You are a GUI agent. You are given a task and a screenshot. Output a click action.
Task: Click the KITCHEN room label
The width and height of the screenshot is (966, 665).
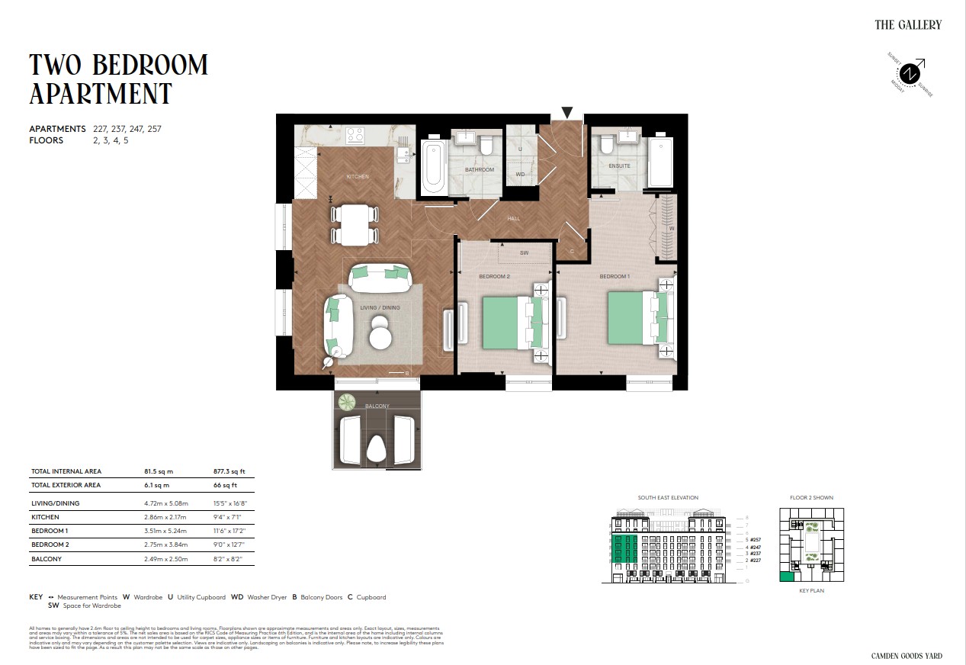point(358,177)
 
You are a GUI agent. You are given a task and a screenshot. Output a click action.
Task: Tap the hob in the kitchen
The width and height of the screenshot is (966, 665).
point(355,135)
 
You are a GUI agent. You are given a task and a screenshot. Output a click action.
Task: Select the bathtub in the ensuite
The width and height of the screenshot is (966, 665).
point(660,162)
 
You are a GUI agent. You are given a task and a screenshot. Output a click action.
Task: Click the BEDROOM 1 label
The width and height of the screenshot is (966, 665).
point(615,276)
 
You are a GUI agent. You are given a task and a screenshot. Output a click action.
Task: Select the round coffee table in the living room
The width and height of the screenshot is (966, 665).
point(380,334)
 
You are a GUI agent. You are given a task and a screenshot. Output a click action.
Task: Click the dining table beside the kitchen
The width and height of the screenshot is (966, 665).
point(355,224)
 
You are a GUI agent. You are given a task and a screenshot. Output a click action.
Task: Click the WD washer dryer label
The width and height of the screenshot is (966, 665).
point(521,175)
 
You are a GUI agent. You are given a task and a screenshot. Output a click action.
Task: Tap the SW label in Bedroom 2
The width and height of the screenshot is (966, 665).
point(524,252)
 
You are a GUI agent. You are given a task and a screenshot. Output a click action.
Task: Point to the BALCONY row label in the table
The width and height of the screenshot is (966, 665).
point(47,559)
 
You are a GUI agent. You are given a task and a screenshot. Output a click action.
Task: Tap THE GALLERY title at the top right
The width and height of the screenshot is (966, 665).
point(908,24)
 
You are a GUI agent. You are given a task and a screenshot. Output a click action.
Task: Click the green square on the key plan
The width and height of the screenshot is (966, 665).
point(787,577)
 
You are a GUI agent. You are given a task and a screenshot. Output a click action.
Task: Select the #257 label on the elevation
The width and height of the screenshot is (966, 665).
point(755,539)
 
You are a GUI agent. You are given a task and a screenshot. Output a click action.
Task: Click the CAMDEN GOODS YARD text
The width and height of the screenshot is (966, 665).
point(907,656)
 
